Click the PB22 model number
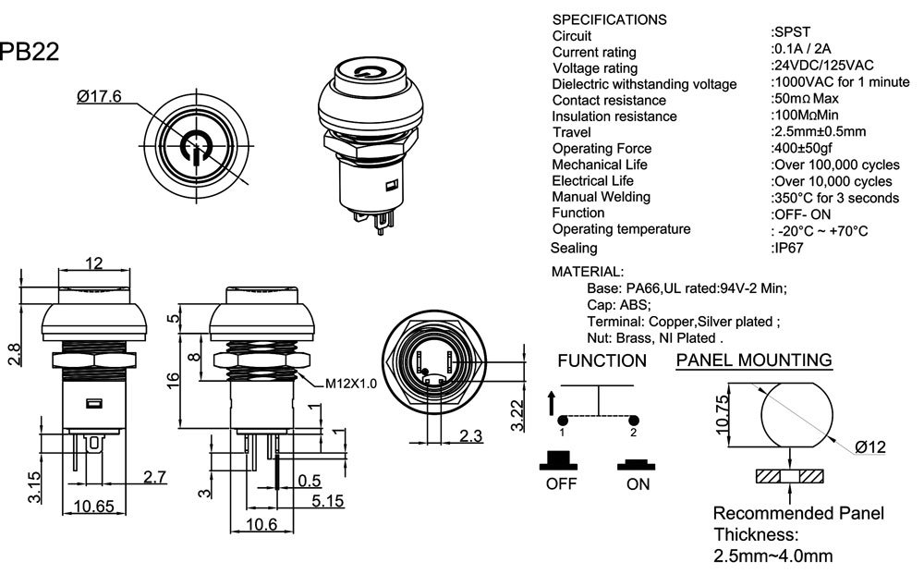pos(30,53)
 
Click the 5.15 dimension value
pos(328,501)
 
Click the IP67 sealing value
pos(787,248)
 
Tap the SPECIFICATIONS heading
pos(609,19)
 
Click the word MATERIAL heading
pos(588,272)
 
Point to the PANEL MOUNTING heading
pos(754,360)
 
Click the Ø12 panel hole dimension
pos(870,447)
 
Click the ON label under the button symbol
pos(638,484)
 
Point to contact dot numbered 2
pos(633,420)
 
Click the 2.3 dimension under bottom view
pos(471,436)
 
